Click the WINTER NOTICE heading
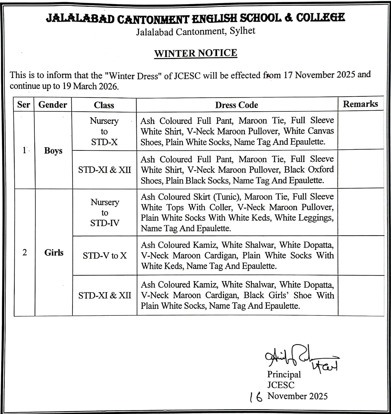point(196,53)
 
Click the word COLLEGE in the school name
point(320,18)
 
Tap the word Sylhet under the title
point(242,31)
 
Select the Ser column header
point(24,105)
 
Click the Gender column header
point(53,105)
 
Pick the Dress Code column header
point(236,105)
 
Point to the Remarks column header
point(360,104)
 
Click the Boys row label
point(53,151)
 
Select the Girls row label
point(54,252)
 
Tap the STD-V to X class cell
point(105,256)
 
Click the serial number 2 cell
point(25,252)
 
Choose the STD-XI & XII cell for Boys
point(105,170)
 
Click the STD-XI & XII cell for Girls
point(105,295)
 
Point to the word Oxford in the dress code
point(321,169)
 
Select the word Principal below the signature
point(284,374)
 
